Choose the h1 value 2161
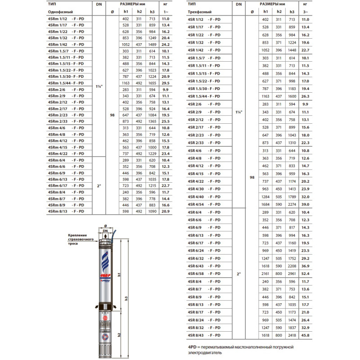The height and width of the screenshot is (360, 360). click(x=265, y=273)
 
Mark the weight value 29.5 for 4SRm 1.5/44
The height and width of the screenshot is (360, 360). click(x=165, y=83)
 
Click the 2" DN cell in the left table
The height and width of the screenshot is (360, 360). click(x=99, y=185)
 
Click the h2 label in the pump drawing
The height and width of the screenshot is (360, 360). click(x=120, y=334)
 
